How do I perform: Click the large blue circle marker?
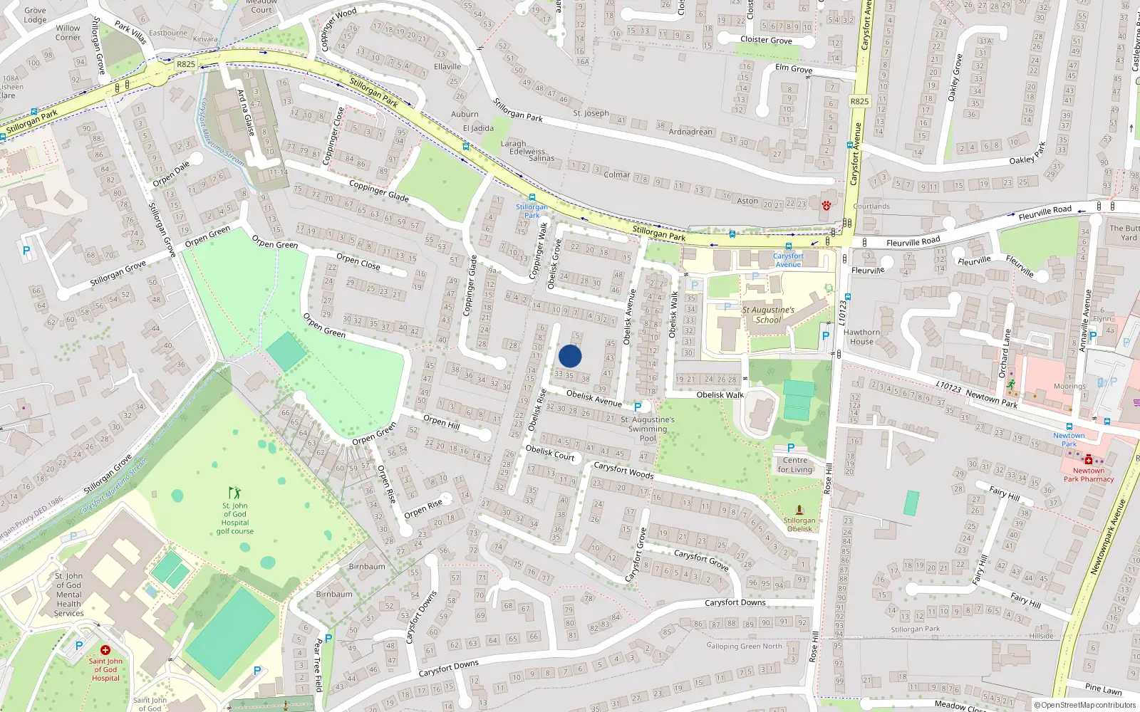pos(570,356)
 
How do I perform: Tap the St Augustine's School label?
pos(767,315)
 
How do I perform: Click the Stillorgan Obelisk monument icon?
pos(799,510)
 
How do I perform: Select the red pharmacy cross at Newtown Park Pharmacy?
pos(1089,461)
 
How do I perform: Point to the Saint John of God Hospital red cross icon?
pos(105,650)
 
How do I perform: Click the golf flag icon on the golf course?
pos(234,493)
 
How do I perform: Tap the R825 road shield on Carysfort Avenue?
pos(859,101)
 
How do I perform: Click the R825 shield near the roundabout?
pos(186,64)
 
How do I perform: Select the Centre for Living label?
pos(795,465)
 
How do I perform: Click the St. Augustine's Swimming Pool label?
pos(648,429)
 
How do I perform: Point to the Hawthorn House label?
pos(861,337)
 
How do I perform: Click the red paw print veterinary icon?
pos(826,205)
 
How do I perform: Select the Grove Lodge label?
pos(35,15)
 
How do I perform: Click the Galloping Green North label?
pos(744,646)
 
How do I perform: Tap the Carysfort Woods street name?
pos(623,470)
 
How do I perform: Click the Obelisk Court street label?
pos(549,453)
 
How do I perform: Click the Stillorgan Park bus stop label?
pos(532,211)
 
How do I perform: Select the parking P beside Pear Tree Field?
pos(328,639)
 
